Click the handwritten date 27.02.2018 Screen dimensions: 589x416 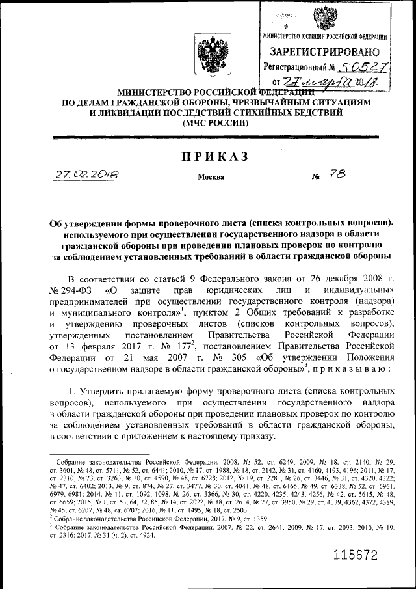86,174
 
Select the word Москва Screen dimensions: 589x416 209,176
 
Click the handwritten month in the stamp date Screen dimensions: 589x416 330,81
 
